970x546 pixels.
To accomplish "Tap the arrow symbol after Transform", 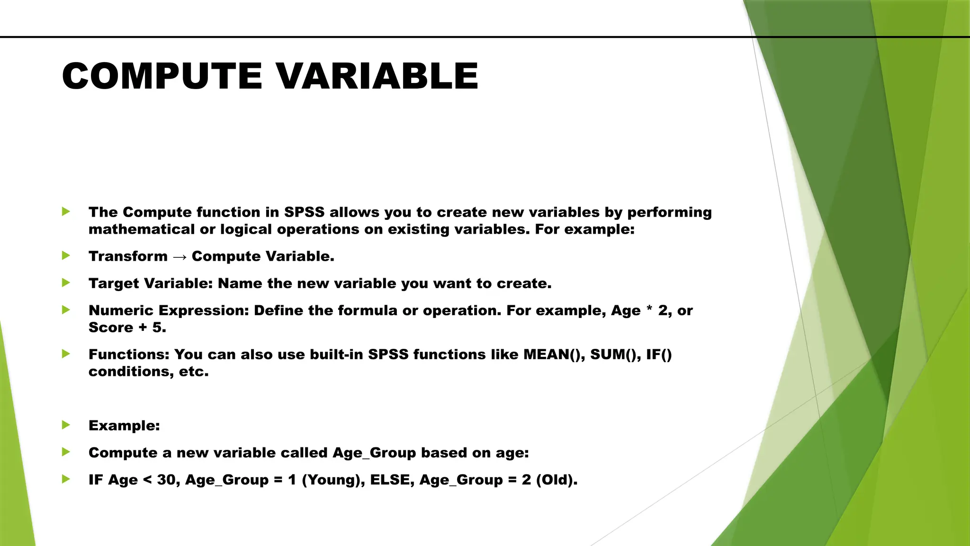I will click(180, 257).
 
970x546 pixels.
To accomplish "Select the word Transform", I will click(128, 256).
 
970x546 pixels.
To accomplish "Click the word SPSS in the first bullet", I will click(304, 212).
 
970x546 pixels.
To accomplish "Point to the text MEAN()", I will click(554, 355).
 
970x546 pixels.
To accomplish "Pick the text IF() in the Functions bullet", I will click(659, 355).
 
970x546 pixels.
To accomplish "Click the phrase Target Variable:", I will click(151, 283).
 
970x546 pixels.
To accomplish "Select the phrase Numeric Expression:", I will click(169, 310).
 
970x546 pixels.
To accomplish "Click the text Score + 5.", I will click(127, 328).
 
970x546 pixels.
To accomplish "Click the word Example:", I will click(124, 426).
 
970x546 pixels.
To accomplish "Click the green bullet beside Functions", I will click(66, 354).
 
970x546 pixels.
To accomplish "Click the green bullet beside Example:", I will click(66, 425).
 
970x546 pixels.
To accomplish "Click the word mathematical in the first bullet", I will click(142, 229).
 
